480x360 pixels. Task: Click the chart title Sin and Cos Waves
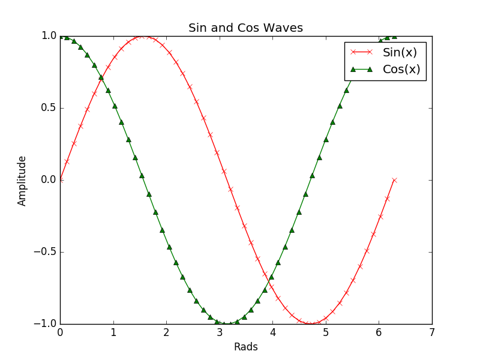245,28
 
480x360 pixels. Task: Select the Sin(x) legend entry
400,52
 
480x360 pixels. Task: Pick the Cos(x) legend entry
401,69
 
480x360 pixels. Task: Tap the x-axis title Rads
245,347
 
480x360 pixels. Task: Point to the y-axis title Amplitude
22,181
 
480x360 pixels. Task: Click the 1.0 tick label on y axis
49,36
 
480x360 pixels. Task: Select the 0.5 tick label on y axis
49,108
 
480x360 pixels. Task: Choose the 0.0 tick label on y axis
49,180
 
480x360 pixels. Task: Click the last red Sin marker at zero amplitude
394,180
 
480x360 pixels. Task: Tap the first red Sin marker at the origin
60,180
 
